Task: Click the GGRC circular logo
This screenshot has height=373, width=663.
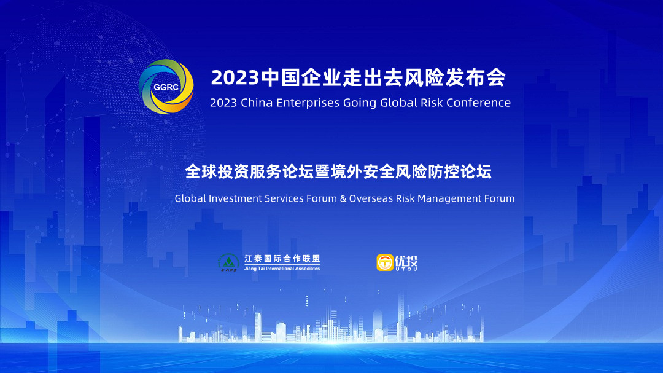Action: (x=166, y=87)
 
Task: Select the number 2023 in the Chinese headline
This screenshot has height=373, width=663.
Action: (x=235, y=78)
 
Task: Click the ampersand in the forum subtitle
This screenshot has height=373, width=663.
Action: (x=343, y=198)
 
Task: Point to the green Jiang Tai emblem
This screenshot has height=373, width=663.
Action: (x=228, y=262)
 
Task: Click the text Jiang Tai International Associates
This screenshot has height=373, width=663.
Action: (x=282, y=269)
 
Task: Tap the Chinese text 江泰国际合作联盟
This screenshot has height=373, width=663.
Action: (x=282, y=259)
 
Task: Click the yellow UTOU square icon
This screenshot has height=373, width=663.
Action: (x=385, y=262)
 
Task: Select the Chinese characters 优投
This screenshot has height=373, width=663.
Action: (x=406, y=261)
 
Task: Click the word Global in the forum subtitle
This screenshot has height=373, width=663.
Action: (x=190, y=198)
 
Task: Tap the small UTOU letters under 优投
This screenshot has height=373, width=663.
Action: (x=406, y=269)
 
